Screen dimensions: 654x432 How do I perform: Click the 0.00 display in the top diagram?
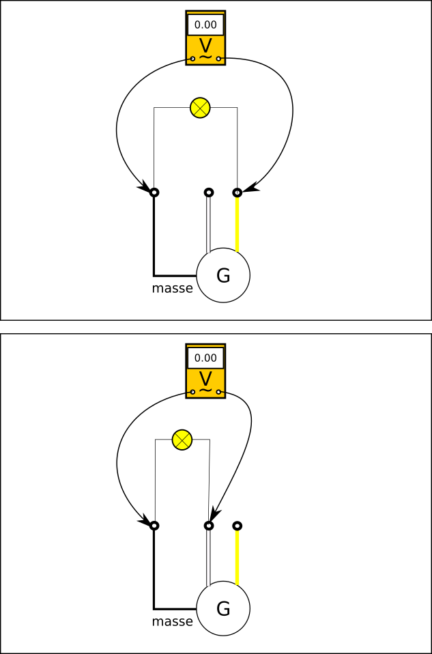click(205, 25)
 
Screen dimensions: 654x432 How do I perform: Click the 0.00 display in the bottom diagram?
click(205, 358)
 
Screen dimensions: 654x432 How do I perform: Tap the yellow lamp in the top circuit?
click(200, 107)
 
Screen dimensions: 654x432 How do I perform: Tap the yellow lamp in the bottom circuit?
click(182, 440)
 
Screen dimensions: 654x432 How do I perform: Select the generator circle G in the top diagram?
click(223, 275)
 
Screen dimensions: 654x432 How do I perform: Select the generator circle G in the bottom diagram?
click(223, 608)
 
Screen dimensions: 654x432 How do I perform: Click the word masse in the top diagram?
click(172, 289)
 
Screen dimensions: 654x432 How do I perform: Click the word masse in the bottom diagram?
click(172, 622)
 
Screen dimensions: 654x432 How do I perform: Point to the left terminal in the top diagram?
click(154, 193)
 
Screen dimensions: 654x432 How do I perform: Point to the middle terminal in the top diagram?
click(209, 193)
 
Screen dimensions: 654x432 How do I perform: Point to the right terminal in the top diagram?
click(237, 193)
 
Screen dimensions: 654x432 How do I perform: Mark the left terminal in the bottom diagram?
click(154, 526)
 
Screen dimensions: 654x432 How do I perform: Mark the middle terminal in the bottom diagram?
click(209, 526)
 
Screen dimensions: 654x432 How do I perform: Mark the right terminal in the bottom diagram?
click(237, 526)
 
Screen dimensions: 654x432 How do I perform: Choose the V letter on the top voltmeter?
click(205, 45)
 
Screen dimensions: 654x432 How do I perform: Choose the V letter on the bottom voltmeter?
click(205, 378)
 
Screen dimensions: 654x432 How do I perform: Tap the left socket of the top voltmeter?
click(192, 59)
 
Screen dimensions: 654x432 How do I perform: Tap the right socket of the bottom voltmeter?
click(218, 392)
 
